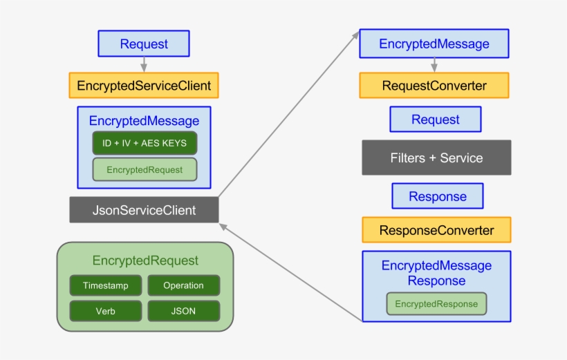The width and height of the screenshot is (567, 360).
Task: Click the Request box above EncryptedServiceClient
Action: [144, 44]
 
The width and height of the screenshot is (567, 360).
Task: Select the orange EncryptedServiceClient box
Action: [144, 86]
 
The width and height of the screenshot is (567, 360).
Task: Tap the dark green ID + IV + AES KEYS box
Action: [145, 143]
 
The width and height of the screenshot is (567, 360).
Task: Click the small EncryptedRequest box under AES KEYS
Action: [145, 169]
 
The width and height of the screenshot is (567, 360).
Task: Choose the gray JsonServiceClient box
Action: [144, 210]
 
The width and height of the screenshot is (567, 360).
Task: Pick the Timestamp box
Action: [106, 285]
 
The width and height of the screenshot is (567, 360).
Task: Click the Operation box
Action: [183, 285]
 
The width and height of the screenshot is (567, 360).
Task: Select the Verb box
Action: [106, 311]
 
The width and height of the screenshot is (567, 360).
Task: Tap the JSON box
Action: [183, 311]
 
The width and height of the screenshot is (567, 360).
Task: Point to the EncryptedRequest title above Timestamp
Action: [145, 260]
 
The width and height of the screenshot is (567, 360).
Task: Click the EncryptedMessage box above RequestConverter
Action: [434, 44]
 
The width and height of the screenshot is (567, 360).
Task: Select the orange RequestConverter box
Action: [434, 86]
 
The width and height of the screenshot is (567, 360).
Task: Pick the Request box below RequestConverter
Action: [436, 120]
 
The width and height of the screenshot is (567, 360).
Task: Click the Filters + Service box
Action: [436, 158]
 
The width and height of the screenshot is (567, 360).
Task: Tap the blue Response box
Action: [438, 196]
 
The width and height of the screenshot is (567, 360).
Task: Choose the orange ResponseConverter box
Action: [437, 230]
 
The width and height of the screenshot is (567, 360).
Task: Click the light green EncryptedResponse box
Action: [436, 304]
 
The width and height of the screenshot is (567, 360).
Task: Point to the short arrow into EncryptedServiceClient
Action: [144, 65]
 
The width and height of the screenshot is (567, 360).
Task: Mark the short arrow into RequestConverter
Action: [434, 65]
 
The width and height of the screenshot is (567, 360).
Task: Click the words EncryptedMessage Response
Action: [436, 273]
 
